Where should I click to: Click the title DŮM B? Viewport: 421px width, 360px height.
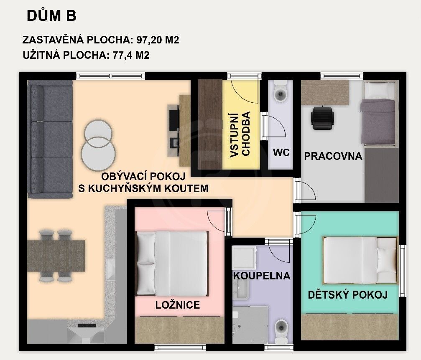[51, 16]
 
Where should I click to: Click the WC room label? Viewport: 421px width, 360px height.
[281, 152]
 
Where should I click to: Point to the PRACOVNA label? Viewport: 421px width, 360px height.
[333, 157]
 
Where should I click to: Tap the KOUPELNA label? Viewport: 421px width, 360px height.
[262, 276]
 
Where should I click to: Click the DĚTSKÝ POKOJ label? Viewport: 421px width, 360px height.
[347, 294]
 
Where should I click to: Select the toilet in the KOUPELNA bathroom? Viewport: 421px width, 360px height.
[281, 330]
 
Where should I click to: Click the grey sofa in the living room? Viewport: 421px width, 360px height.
[50, 139]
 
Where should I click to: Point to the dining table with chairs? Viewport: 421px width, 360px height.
[56, 255]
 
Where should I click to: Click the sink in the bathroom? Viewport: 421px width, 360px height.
[240, 288]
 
